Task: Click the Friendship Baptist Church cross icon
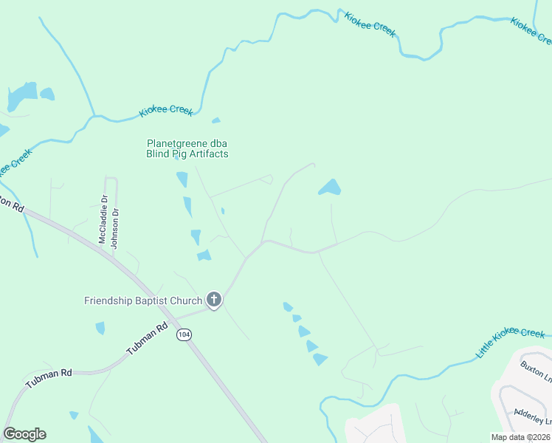click(x=214, y=300)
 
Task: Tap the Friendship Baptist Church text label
click(x=143, y=301)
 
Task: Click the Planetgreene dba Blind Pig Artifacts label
click(x=187, y=148)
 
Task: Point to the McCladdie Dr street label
click(x=103, y=219)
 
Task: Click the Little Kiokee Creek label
click(x=510, y=343)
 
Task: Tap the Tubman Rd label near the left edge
click(x=49, y=379)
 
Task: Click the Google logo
click(x=24, y=434)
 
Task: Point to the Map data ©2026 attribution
click(x=521, y=437)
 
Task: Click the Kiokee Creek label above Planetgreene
click(x=166, y=111)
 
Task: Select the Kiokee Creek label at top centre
click(x=370, y=24)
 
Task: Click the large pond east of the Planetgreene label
click(x=330, y=188)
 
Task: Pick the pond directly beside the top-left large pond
click(x=47, y=94)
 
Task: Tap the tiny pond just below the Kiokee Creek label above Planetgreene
click(x=215, y=120)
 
